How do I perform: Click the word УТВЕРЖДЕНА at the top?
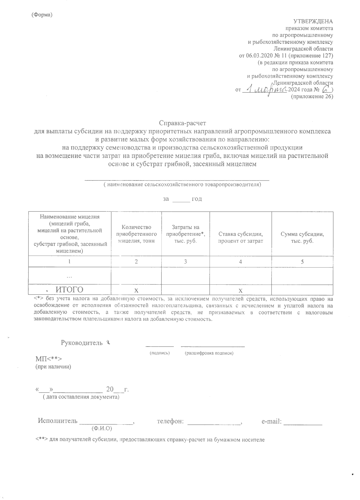click(313, 21)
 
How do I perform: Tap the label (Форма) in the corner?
click(42, 15)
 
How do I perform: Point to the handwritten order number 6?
click(325, 89)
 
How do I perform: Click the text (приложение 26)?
click(312, 97)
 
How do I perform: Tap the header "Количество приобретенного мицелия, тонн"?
click(136, 234)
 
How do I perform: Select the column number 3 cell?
click(185, 262)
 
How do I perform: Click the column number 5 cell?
click(302, 262)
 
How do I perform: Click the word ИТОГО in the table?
click(70, 289)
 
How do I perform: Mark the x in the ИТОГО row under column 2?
click(136, 290)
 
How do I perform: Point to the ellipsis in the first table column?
click(69, 276)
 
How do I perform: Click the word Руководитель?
click(82, 343)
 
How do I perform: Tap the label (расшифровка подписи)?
click(209, 353)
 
